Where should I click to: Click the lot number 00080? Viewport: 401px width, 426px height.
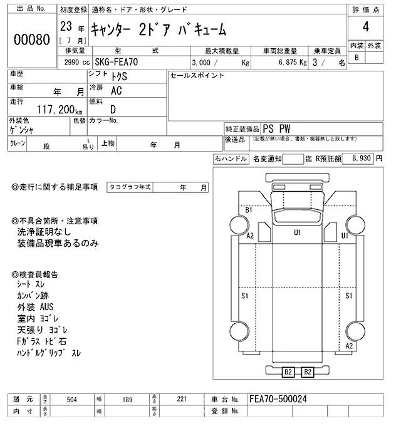31,39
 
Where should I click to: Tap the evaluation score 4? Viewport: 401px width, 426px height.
365,28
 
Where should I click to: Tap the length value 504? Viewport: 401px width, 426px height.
71,399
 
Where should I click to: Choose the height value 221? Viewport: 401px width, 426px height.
180,399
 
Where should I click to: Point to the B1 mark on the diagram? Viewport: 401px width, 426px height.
249,210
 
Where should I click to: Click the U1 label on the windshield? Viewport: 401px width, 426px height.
298,232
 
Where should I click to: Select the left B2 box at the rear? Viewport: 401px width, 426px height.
288,372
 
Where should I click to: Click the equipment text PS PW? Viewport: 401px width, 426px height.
276,127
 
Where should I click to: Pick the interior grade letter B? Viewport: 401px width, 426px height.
357,57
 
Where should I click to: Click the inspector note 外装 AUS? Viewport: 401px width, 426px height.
35,308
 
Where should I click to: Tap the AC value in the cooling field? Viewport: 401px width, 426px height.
117,90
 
